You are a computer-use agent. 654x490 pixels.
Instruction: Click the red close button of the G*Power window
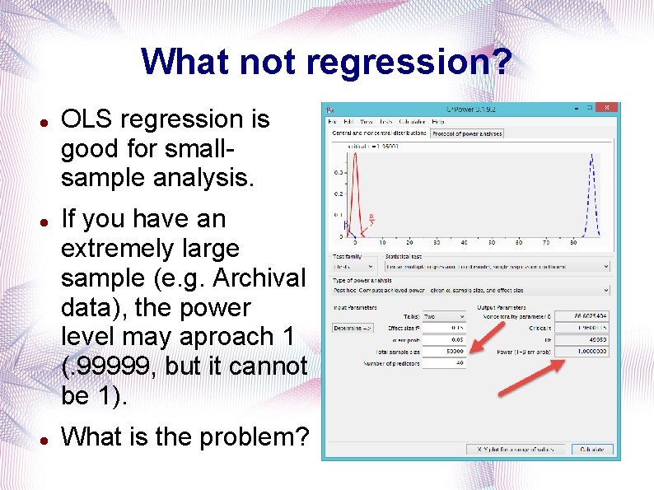606,108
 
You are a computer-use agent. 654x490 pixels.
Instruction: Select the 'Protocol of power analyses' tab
467,133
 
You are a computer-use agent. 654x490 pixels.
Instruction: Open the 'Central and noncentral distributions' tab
379,133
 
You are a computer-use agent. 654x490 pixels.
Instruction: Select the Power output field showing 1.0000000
581,352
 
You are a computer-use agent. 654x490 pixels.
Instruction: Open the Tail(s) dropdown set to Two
443,316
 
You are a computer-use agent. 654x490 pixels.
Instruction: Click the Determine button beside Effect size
353,328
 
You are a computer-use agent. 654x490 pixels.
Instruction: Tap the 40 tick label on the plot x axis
464,243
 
